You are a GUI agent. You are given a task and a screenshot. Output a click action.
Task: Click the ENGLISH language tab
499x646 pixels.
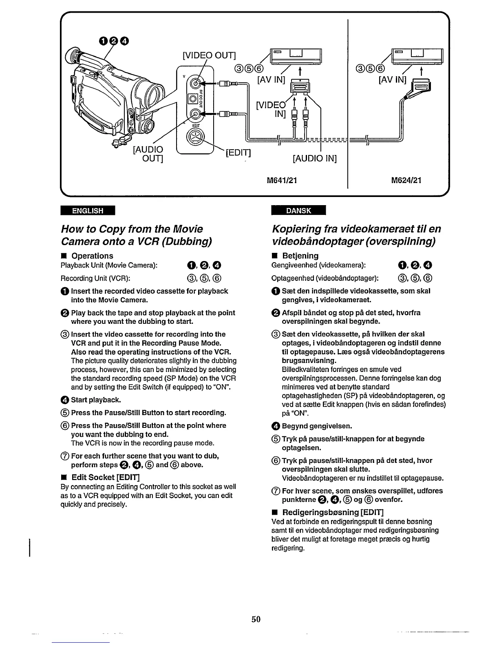coord(88,210)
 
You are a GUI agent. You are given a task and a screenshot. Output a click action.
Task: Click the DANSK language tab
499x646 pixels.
coord(299,210)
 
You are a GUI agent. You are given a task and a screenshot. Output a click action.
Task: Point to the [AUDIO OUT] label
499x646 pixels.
coord(148,154)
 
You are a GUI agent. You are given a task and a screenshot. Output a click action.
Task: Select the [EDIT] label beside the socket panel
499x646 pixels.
coord(238,153)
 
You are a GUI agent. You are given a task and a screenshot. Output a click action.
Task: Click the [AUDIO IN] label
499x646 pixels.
coord(315,158)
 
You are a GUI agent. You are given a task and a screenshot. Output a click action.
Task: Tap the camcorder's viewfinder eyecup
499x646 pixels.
coord(73,54)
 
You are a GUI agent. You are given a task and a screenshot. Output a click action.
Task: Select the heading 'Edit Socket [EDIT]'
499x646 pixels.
coord(106,477)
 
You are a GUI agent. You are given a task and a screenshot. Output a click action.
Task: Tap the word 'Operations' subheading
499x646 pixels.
coord(93,256)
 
